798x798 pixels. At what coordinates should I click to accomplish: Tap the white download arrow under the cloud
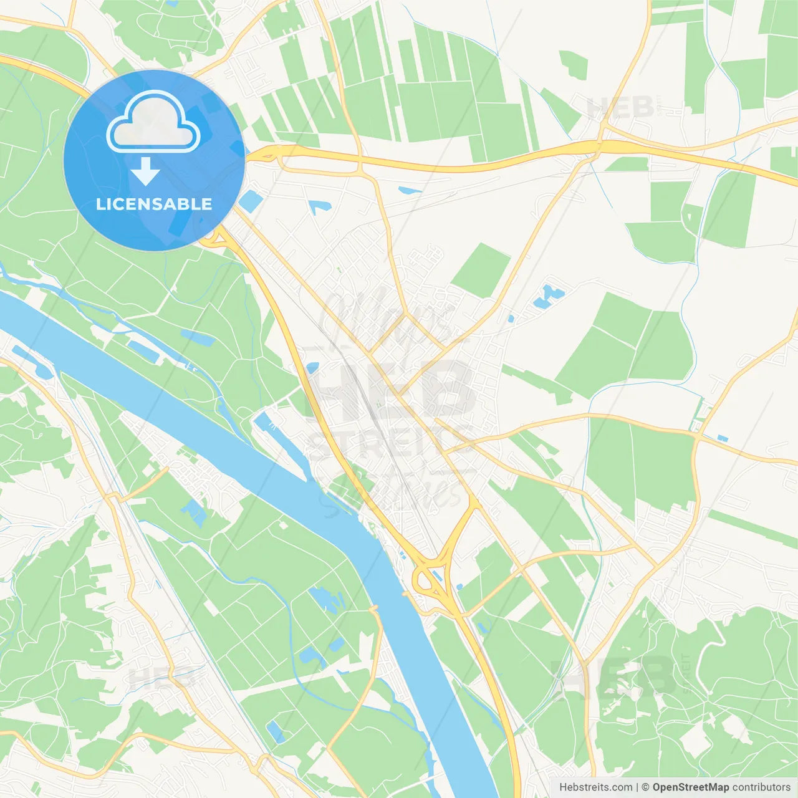click(x=145, y=171)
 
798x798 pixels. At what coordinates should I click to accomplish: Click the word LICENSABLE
click(x=154, y=204)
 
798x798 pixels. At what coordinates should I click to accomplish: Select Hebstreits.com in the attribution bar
click(x=595, y=787)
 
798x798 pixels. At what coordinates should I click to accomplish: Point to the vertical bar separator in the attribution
click(x=637, y=787)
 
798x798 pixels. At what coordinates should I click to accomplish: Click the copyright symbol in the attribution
click(x=645, y=787)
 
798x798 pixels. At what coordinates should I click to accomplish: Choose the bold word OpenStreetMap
click(x=690, y=787)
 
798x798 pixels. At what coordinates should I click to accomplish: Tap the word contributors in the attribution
click(x=761, y=787)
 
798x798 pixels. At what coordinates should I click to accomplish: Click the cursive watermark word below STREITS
click(x=399, y=493)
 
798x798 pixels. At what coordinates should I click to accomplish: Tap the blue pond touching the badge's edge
click(x=251, y=201)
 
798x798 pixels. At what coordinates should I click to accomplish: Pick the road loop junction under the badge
click(x=215, y=237)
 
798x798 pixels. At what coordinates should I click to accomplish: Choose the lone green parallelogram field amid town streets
click(x=481, y=270)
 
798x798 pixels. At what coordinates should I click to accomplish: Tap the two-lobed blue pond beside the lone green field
click(x=547, y=296)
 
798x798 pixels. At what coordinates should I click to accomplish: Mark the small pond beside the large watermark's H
click(x=312, y=368)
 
